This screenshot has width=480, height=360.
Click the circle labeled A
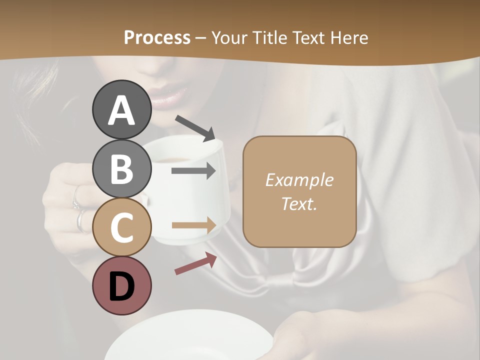121,110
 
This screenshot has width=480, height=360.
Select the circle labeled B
121,168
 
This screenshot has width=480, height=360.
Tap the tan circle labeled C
121,227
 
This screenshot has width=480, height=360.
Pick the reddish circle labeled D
121,285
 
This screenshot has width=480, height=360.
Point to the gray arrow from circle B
193,171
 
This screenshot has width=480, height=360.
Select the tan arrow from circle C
193,225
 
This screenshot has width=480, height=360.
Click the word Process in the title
157,37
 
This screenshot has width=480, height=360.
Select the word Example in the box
299,180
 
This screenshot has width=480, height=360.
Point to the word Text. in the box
299,203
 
